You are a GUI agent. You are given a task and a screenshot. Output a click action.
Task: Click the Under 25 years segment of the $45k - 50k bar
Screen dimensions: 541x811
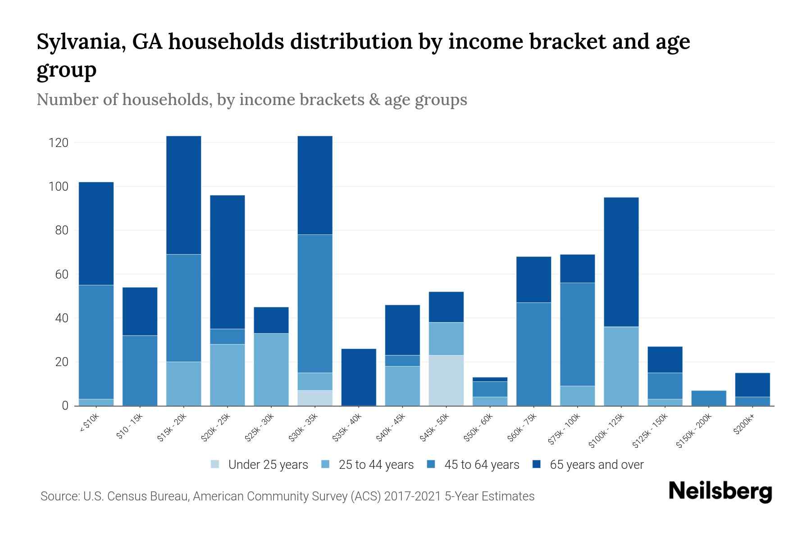[446, 381]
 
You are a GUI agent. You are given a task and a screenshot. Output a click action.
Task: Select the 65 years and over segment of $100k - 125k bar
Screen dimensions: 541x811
[621, 262]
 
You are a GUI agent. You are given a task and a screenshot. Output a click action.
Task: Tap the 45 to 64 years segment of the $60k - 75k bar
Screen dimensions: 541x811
[533, 354]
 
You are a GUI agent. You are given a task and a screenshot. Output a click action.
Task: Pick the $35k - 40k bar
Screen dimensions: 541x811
[359, 377]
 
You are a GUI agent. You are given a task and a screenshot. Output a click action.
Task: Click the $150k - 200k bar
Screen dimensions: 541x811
[709, 398]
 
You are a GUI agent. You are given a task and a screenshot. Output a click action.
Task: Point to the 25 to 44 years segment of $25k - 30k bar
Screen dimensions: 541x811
[271, 369]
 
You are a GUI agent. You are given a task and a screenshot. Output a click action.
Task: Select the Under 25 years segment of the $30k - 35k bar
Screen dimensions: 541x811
[315, 398]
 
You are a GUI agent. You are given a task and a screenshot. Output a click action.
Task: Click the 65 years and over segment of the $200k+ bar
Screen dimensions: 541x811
[752, 385]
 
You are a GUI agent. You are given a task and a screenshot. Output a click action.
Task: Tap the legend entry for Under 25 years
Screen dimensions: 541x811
[268, 465]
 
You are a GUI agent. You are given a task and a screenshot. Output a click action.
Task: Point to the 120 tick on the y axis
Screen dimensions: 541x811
[59, 143]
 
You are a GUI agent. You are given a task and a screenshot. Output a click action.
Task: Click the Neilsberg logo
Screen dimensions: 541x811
[720, 491]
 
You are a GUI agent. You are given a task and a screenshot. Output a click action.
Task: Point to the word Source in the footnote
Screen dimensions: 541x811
[59, 496]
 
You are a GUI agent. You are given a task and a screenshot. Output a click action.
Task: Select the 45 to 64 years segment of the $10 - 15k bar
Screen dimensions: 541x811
[140, 371]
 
